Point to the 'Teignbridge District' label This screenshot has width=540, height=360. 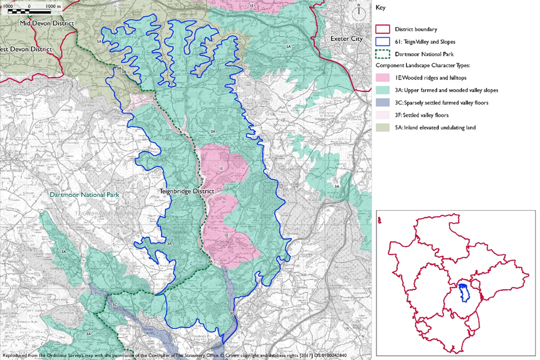(187, 191)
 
